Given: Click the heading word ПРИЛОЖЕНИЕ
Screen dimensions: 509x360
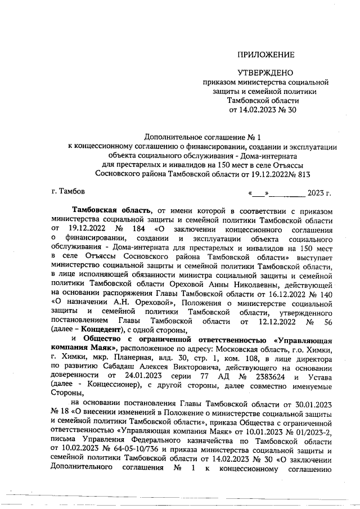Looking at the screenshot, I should (266, 55).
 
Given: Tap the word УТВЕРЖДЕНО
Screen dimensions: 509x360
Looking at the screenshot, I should (265, 73).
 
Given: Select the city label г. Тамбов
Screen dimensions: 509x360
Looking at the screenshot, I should (68, 192).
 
